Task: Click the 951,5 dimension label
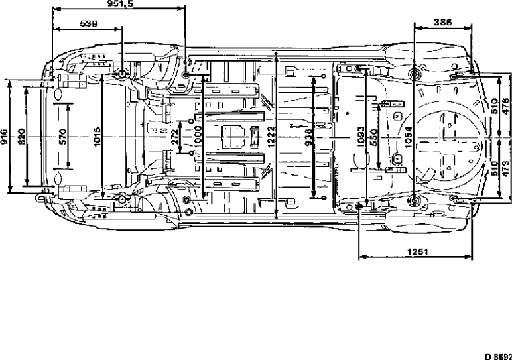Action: point(119,4)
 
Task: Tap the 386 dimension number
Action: point(442,23)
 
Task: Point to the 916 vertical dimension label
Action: point(5,137)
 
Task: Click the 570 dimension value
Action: point(62,137)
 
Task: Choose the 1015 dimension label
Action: point(97,137)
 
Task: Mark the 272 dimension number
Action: point(174,137)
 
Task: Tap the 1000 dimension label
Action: point(197,137)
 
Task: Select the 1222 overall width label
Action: point(272,137)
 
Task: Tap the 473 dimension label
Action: point(505,168)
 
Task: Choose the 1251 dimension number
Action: point(415,251)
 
